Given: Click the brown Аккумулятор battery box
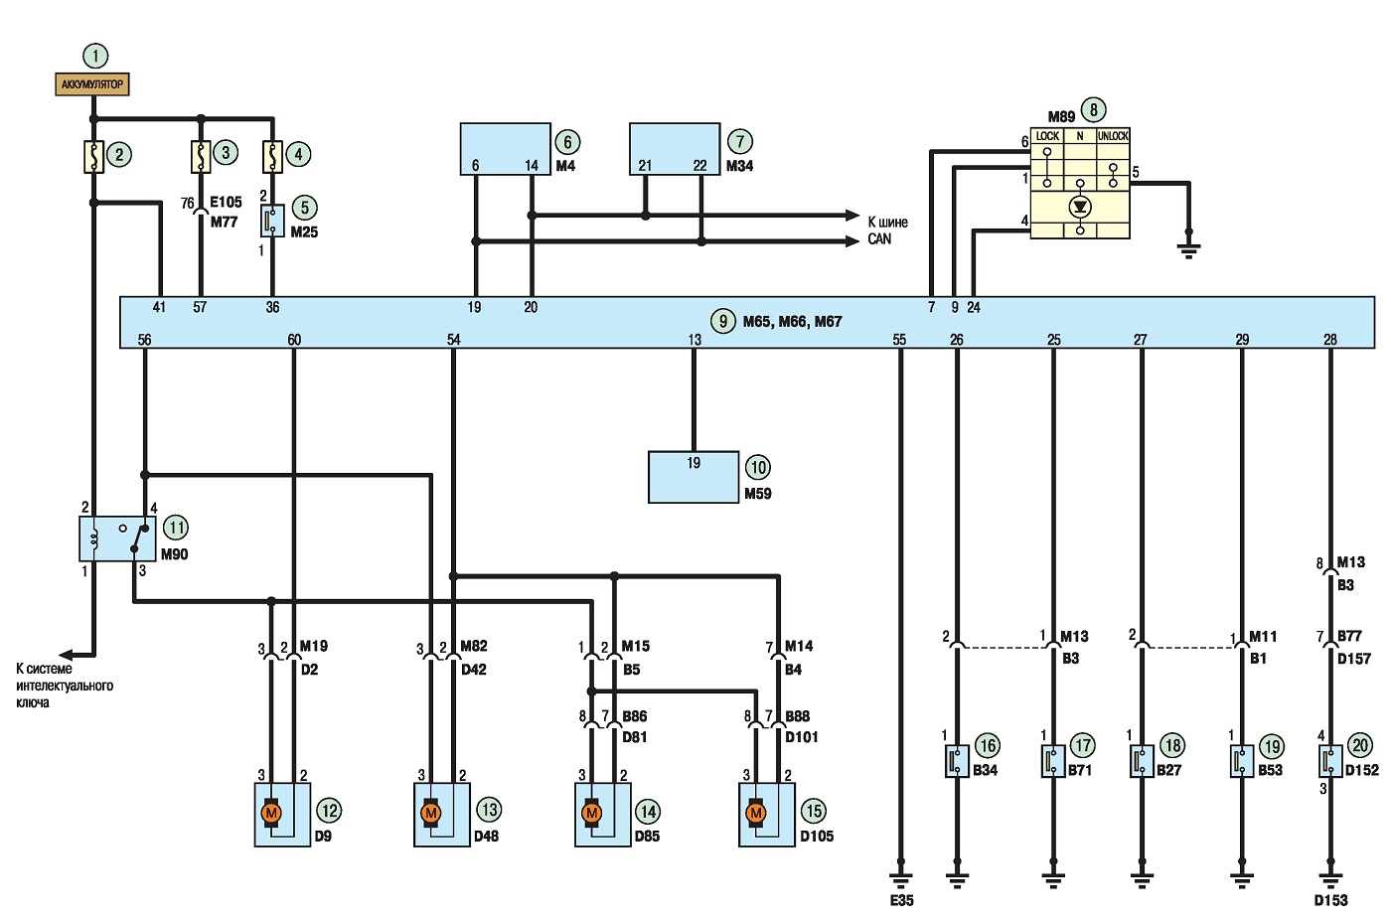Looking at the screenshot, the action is (x=91, y=83).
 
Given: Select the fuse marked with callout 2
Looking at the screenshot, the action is (x=93, y=156).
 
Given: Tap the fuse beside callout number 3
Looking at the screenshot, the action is (x=201, y=156).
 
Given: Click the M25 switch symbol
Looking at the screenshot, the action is (x=272, y=221).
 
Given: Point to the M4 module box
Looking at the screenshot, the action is (x=505, y=149).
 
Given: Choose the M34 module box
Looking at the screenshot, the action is (x=675, y=149).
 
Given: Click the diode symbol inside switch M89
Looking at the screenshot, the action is (x=1080, y=206).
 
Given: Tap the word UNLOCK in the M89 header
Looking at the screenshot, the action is (x=1112, y=135).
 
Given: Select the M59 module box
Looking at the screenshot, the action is (x=694, y=477).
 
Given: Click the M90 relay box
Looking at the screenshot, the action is (x=118, y=538).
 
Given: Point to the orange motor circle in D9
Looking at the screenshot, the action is (x=270, y=813).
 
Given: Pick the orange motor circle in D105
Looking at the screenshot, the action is (x=755, y=813).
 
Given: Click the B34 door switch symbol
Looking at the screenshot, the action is (x=957, y=761).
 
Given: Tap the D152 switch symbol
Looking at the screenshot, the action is (x=1330, y=761).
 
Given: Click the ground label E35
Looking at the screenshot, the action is (x=902, y=900).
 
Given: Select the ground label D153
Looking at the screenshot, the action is (x=1330, y=900).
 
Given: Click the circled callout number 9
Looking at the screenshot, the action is (x=723, y=321).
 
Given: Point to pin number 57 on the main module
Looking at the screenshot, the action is (x=200, y=307).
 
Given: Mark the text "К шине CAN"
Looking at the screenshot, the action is (x=887, y=230).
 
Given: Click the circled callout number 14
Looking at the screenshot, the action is (x=648, y=811).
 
